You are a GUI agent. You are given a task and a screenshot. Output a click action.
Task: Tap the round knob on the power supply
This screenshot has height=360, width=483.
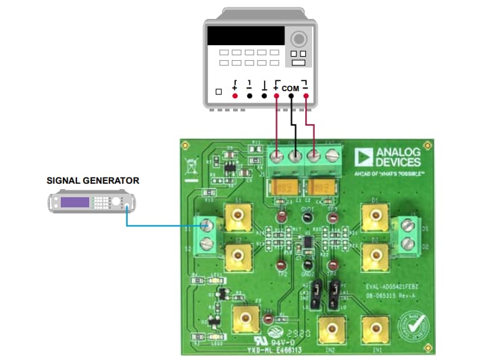(299, 36)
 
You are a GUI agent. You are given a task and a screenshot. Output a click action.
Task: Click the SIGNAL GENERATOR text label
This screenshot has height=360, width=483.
(93, 180)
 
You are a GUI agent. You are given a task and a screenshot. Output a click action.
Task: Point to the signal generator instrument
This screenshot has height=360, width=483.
(92, 201)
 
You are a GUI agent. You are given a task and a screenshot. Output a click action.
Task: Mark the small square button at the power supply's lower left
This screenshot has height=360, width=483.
(218, 92)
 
